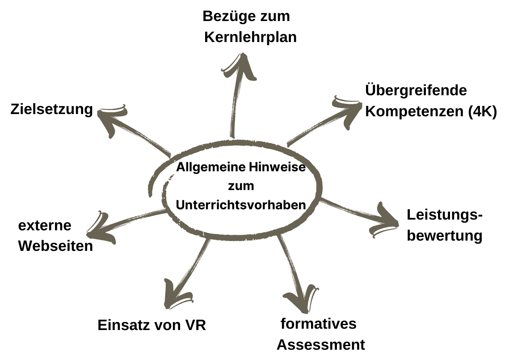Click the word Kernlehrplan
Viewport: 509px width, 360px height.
[250, 37]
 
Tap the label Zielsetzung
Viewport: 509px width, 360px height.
[52, 109]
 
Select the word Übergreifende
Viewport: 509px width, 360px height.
[416, 91]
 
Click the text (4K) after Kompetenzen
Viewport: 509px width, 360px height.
[482, 111]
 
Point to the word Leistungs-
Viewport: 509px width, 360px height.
[445, 215]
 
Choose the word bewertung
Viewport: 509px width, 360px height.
[444, 235]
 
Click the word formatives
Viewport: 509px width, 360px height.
[318, 323]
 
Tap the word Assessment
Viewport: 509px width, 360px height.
[320, 345]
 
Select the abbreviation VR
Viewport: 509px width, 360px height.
[195, 325]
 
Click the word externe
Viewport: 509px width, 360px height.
[45, 225]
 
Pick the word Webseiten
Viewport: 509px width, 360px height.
[55, 246]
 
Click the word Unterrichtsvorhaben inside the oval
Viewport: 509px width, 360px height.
[241, 204]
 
